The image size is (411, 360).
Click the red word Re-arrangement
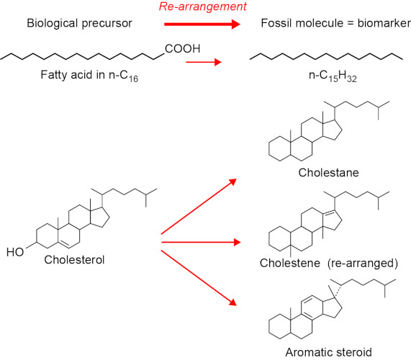[x=202, y=6]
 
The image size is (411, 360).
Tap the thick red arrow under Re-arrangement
[x=202, y=24]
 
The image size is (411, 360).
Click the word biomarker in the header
[x=384, y=23]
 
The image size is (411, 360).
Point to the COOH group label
[x=182, y=49]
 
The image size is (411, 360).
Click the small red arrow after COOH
[x=204, y=62]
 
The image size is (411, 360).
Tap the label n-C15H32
[x=333, y=76]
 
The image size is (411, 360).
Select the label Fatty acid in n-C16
[x=89, y=76]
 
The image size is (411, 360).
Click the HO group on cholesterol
[x=15, y=252]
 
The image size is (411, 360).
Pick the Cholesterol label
[x=74, y=260]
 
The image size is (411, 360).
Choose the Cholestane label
[x=328, y=173]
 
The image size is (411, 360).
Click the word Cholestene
[x=290, y=263]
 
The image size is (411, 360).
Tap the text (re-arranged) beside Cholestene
[x=363, y=264]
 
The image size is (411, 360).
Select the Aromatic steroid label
[x=328, y=352]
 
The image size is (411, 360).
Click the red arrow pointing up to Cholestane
[x=199, y=207]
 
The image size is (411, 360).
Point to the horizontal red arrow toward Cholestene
[x=201, y=242]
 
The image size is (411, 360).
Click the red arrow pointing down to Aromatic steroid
[x=199, y=278]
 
